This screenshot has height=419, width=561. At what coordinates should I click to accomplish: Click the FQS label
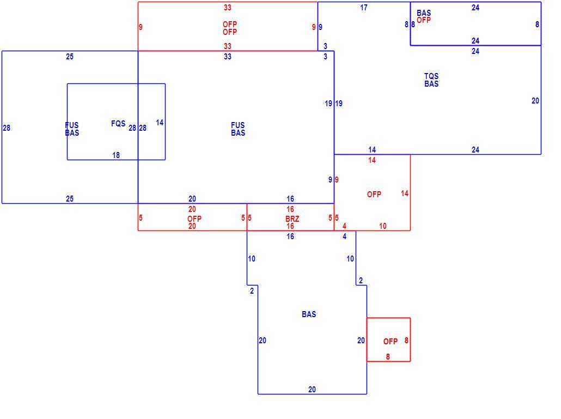(118, 124)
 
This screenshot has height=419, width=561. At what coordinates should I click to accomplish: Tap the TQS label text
(431, 76)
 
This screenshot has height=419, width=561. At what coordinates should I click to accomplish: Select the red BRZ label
(292, 218)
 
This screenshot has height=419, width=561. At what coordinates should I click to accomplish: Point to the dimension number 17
(363, 8)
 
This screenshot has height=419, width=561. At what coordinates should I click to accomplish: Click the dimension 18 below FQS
(116, 155)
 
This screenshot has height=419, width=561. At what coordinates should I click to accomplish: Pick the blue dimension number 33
(228, 57)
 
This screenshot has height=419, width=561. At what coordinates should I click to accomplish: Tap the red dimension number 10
(383, 226)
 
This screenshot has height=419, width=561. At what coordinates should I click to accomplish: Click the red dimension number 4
(344, 226)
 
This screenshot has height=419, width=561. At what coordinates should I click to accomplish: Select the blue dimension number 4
(344, 236)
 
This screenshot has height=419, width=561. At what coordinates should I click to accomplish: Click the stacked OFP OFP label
(230, 28)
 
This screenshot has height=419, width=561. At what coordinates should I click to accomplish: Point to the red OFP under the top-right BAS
(424, 20)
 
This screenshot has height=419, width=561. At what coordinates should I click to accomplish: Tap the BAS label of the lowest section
(309, 314)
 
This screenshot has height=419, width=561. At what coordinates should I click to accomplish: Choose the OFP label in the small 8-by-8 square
(391, 341)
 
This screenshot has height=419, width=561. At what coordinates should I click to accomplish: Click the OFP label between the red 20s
(194, 218)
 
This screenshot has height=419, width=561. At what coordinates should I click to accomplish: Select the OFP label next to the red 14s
(374, 195)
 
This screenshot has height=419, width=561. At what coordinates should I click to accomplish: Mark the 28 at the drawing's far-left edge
(7, 128)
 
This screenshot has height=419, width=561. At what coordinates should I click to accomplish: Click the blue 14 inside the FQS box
(160, 123)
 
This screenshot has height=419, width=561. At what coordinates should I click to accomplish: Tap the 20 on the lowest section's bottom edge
(312, 390)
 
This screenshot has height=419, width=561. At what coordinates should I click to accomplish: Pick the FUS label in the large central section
(238, 125)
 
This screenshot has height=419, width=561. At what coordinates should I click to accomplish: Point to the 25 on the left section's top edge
(70, 57)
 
